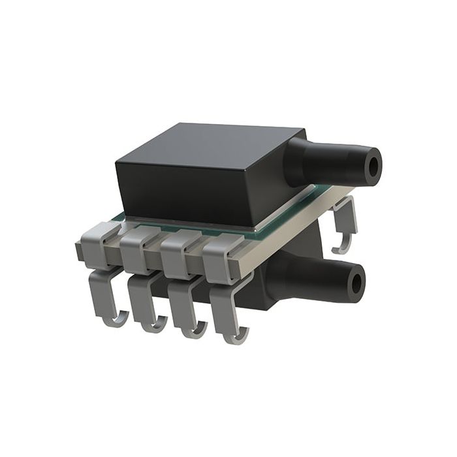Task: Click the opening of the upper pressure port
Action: click(x=373, y=167)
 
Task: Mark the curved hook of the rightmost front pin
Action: click(x=236, y=338)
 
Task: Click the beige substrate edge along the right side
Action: click(x=300, y=228)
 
